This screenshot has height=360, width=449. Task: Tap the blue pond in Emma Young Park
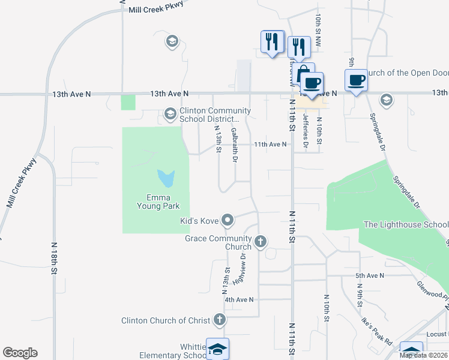[x=166, y=178]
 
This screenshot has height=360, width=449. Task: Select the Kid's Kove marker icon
[x=228, y=221]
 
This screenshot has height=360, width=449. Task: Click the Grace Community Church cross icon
[x=260, y=242]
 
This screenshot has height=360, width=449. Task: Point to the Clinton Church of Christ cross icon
[x=220, y=320]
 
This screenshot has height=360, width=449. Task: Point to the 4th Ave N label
[x=239, y=299]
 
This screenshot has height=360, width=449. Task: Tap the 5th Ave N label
[x=369, y=275]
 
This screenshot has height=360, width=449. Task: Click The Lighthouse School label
[x=406, y=225]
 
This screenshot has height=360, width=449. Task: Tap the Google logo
[x=20, y=353]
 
